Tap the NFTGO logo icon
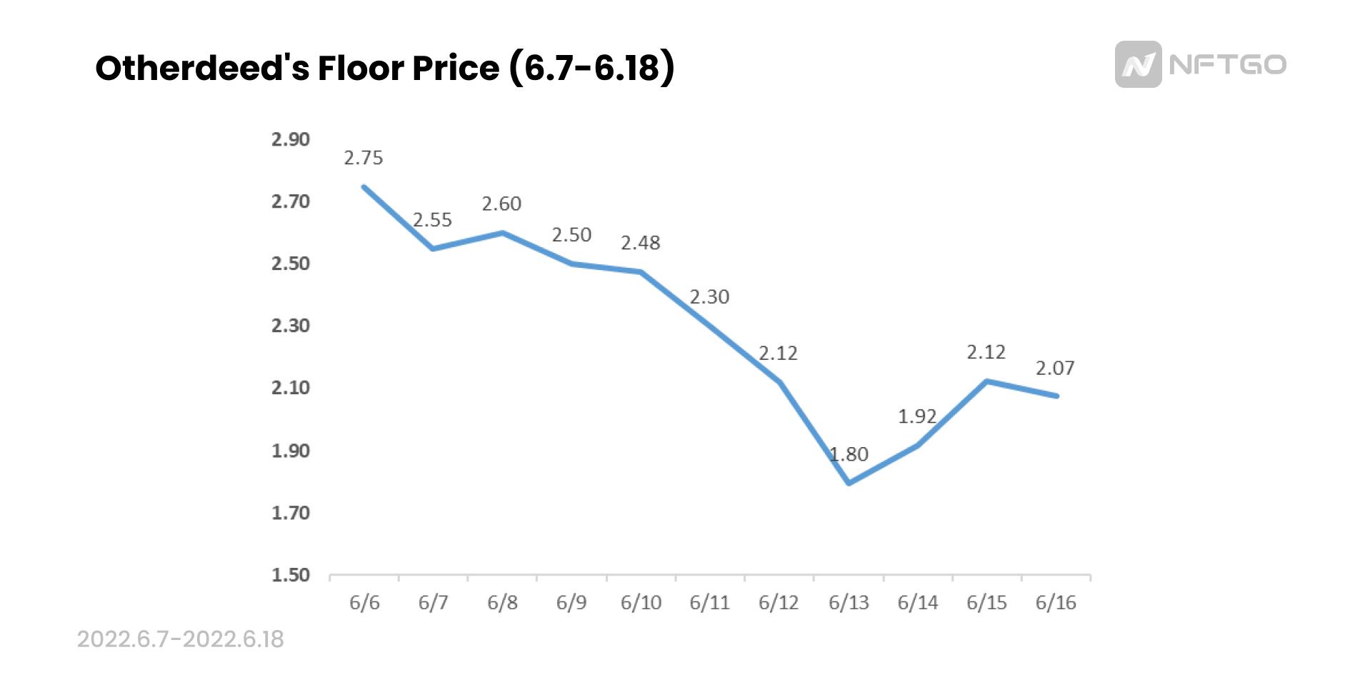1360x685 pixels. (1138, 64)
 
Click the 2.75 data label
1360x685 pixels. (364, 158)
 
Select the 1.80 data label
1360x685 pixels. (849, 454)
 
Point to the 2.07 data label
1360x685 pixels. (1055, 368)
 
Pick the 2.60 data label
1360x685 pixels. (501, 204)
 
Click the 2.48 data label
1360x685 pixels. (640, 244)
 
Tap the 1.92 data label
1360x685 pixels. (917, 416)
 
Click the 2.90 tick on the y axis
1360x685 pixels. (291, 139)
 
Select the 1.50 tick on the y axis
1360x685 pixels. (291, 575)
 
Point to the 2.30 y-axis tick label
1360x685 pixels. (291, 326)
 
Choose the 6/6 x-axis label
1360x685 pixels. (364, 603)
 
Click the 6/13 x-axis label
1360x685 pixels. (849, 603)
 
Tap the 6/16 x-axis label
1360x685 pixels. (1056, 603)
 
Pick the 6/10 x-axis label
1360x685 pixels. (641, 603)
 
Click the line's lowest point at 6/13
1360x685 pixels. (849, 484)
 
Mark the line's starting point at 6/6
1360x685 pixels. (364, 187)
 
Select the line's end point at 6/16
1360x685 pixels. (1056, 396)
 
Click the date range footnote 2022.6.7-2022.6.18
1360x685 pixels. (180, 639)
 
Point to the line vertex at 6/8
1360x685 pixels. (503, 233)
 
